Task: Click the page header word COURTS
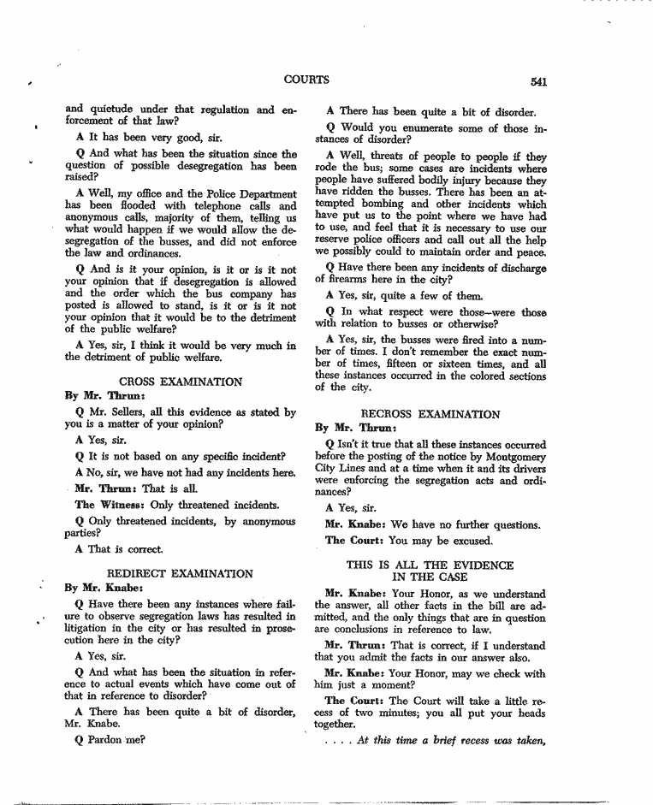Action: tap(306, 80)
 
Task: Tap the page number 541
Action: tap(538, 82)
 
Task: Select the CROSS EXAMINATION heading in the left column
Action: tap(180, 382)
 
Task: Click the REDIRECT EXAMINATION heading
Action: tap(180, 573)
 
